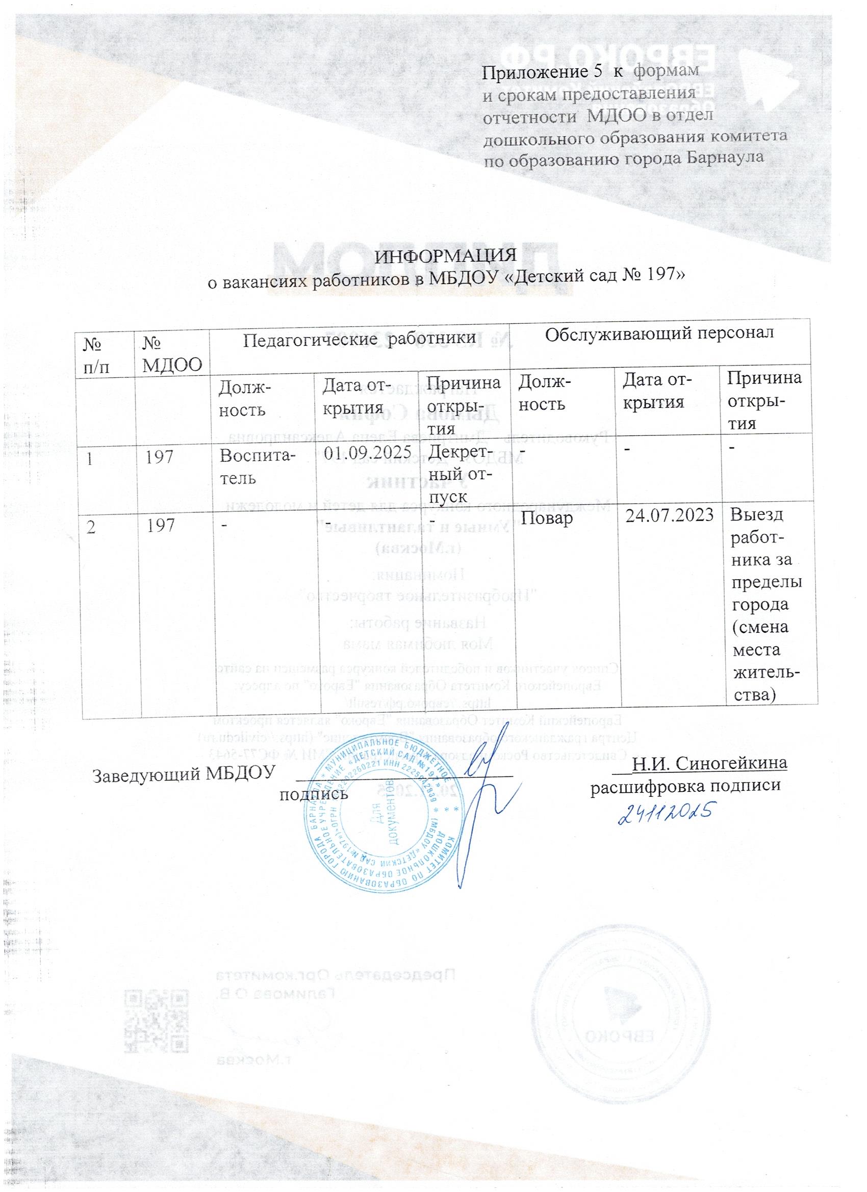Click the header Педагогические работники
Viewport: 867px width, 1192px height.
[362, 338]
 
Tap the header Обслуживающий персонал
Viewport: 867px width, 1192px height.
[659, 333]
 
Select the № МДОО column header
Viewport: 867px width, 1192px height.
[173, 354]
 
